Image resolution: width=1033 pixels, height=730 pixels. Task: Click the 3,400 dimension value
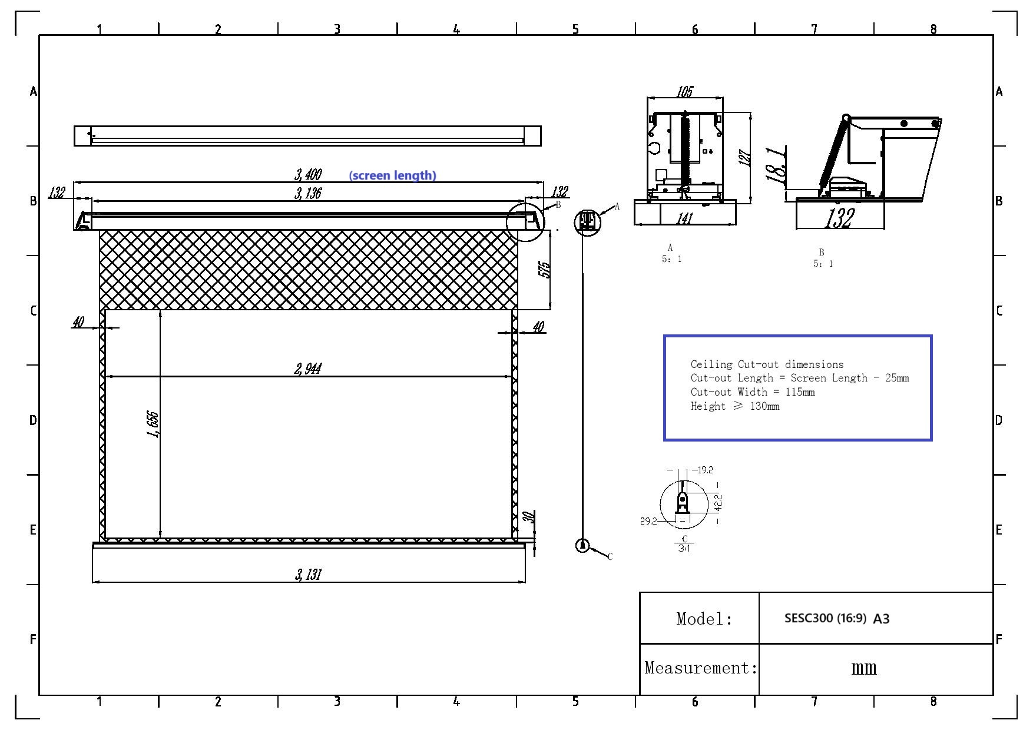[x=308, y=174]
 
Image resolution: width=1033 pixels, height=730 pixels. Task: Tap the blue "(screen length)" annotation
[x=393, y=175]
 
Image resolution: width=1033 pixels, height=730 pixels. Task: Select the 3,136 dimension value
[x=308, y=193]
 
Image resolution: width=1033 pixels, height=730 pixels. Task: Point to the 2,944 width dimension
[x=308, y=369]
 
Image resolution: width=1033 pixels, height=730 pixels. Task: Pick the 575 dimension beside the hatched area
[x=545, y=270]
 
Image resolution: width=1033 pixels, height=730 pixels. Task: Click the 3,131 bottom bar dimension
[x=308, y=575]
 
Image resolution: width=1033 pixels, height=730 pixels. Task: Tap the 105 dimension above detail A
[x=684, y=92]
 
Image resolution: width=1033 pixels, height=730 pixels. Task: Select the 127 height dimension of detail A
[x=745, y=158]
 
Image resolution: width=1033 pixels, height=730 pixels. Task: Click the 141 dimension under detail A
[x=684, y=218]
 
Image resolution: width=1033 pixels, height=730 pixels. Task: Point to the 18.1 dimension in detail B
[x=776, y=164]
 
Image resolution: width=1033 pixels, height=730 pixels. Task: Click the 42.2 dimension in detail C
[x=718, y=502]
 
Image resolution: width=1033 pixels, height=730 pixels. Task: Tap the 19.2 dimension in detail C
[x=704, y=470]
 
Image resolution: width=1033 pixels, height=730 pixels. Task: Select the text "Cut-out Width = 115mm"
[x=753, y=392]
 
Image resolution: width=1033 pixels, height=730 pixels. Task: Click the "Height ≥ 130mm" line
[x=735, y=406]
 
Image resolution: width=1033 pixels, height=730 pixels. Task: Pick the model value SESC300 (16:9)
[x=825, y=618]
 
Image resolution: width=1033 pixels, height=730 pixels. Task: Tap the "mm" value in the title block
[x=864, y=668]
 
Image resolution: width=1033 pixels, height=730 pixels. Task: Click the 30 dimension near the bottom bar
[x=528, y=517]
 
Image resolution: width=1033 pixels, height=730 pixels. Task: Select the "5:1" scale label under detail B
[x=823, y=264]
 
